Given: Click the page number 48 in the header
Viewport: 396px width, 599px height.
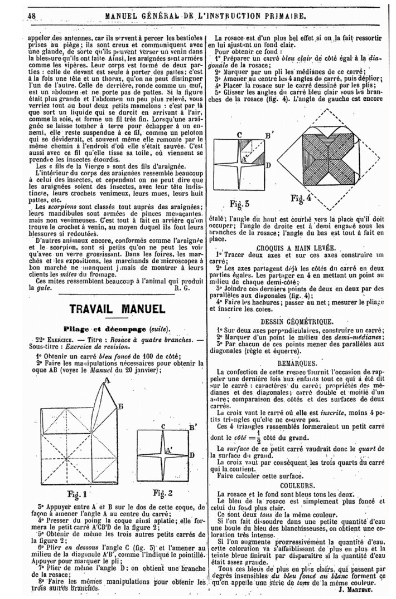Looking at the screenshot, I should [30, 16].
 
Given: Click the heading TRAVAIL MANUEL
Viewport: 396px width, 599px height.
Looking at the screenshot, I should [117, 309].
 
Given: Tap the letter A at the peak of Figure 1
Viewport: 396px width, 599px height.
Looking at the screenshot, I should [105, 381].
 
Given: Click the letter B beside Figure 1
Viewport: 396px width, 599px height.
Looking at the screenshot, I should [119, 406].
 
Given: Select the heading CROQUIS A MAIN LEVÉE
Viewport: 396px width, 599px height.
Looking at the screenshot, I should [296, 247].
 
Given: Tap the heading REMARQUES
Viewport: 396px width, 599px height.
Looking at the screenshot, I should [297, 362].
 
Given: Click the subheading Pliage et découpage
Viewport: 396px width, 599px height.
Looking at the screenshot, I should [117, 328].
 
